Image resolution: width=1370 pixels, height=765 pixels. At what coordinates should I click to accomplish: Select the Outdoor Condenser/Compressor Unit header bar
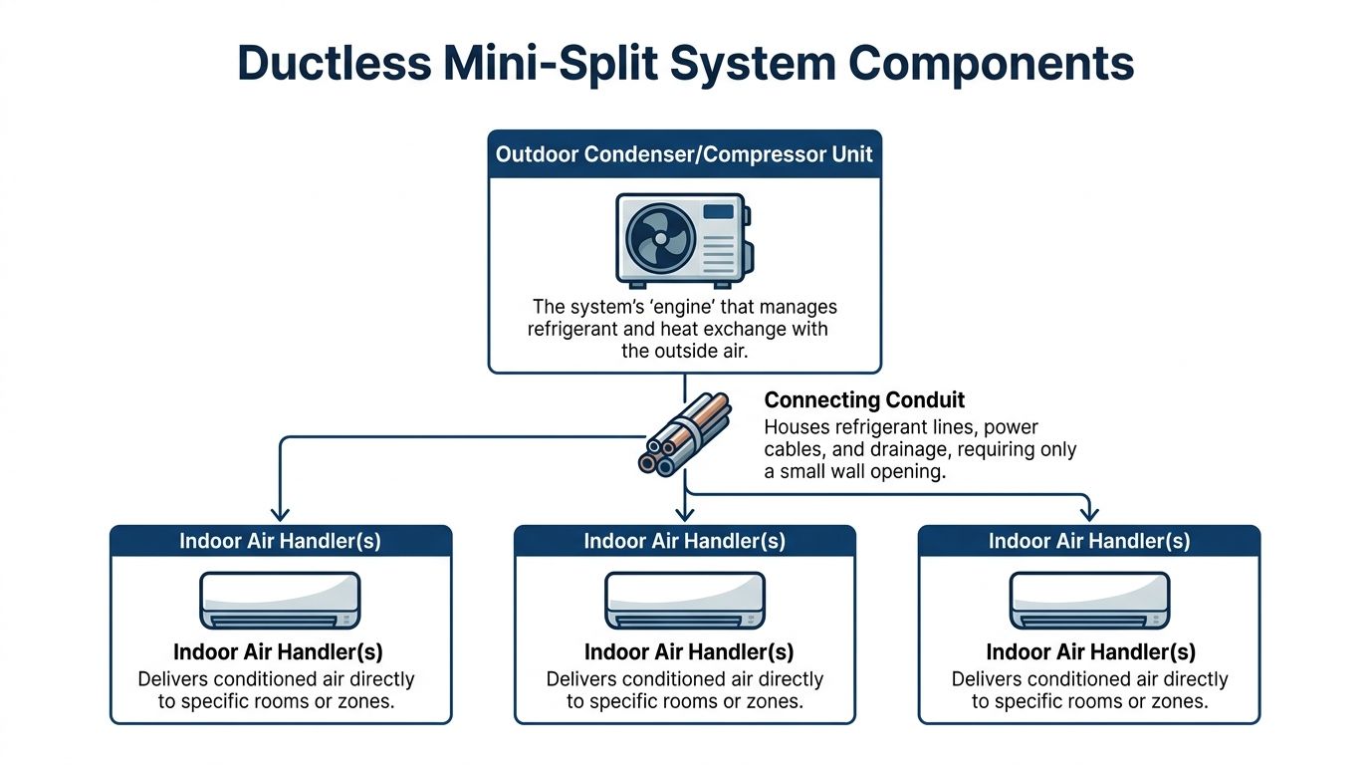click(x=684, y=154)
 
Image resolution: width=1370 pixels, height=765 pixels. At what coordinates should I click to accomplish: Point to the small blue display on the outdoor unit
click(x=718, y=212)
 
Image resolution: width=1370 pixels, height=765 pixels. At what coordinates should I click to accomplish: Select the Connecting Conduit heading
click(x=864, y=400)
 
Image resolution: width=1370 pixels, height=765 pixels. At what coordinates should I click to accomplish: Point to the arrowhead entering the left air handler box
click(x=281, y=513)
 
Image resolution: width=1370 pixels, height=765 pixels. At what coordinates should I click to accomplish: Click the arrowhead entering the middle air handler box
click(x=684, y=513)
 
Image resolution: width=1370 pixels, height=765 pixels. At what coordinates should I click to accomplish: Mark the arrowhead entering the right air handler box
click(x=1088, y=513)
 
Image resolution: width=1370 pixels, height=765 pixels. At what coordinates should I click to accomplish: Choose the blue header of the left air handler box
click(x=281, y=541)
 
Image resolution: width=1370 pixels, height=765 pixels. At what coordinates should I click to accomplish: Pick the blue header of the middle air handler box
click(x=684, y=541)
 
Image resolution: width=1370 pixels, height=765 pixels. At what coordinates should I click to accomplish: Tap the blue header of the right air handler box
click(x=1088, y=541)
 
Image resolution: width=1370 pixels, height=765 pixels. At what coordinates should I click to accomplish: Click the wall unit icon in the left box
click(x=281, y=600)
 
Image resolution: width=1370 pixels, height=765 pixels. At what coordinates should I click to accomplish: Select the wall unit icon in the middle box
click(x=684, y=600)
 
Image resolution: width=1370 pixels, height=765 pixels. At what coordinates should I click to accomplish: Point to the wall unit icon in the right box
click(x=1088, y=600)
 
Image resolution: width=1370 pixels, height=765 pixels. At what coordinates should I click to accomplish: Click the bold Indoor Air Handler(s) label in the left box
click(x=279, y=652)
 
